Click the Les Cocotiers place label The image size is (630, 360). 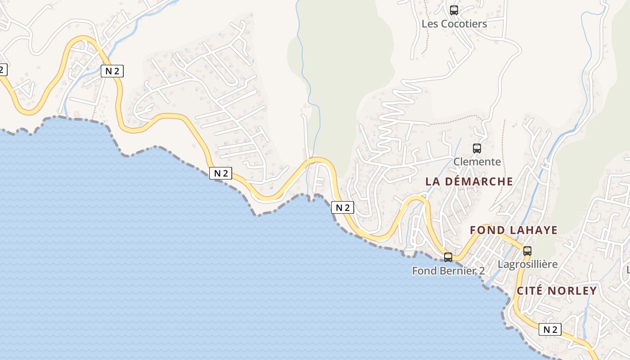tap(454, 24)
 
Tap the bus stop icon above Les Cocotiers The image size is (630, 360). tap(454, 10)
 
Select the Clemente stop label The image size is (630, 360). tap(477, 162)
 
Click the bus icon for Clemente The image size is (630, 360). tap(477, 148)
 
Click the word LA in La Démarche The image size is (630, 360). tap(432, 181)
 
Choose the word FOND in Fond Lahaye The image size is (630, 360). tap(487, 230)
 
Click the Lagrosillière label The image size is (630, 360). tap(528, 264)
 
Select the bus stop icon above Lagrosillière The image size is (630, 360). tap(527, 251)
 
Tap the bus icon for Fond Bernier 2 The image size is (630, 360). tap(448, 257)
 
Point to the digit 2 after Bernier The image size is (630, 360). tap(482, 271)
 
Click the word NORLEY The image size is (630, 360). tap(571, 291)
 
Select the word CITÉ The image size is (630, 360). tap(529, 291)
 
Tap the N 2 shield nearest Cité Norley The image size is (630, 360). tap(550, 329)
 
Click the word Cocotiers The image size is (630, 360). tap(464, 24)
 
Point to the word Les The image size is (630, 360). tap(430, 24)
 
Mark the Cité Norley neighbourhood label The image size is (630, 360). tap(557, 291)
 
